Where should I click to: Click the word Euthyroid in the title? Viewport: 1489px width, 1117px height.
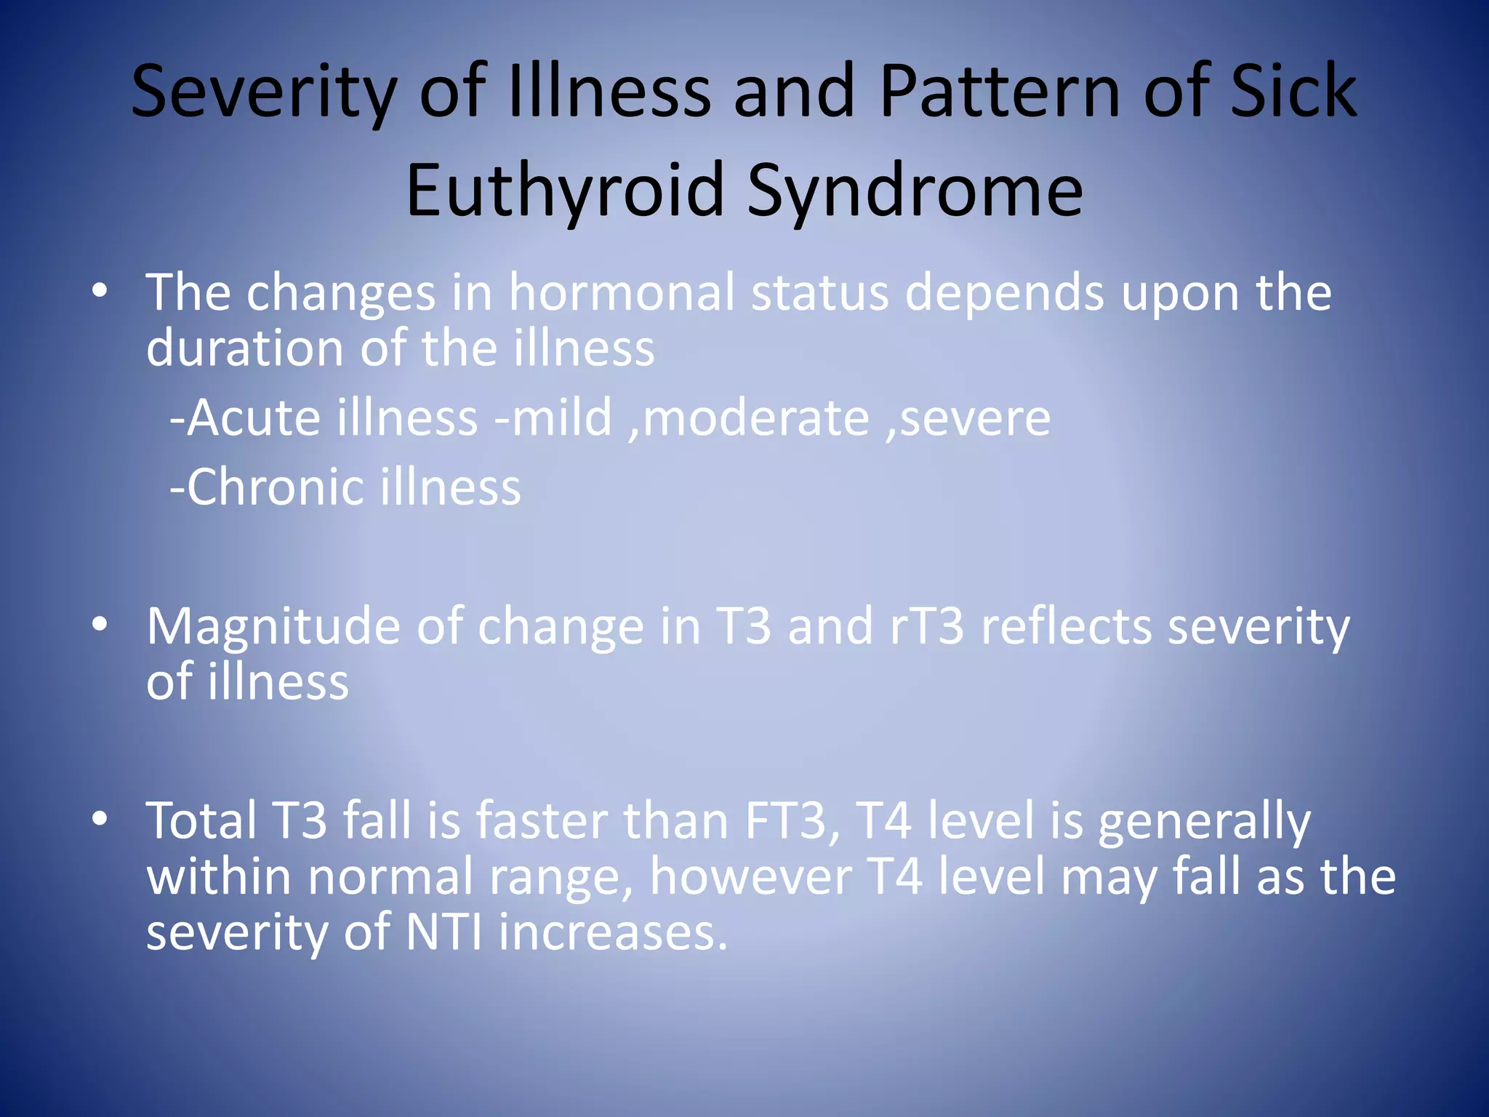(566, 191)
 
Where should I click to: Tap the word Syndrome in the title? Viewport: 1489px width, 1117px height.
(915, 191)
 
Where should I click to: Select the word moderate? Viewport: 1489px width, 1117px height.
(756, 417)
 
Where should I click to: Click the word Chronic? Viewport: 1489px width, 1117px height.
(273, 487)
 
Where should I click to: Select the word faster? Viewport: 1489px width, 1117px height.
(541, 820)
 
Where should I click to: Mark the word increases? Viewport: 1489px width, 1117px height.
(613, 932)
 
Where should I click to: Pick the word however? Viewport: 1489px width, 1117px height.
(750, 876)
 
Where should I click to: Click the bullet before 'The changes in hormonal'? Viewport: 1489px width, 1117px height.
(100, 292)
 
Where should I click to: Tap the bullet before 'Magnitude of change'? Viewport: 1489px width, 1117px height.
(100, 625)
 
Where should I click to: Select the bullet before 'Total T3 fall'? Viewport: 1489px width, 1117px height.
(100, 820)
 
